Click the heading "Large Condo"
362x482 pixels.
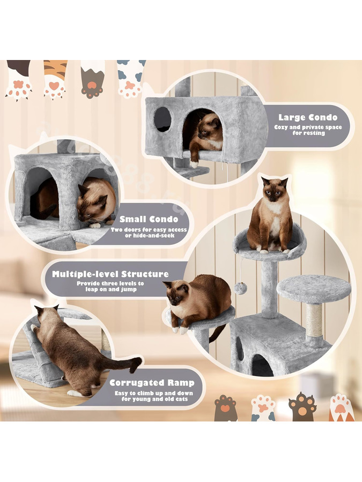tap(308, 117)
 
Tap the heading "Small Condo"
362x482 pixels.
tap(149, 219)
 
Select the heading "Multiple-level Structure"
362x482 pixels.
tap(110, 274)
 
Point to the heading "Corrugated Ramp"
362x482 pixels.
tap(152, 383)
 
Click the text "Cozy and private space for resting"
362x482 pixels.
tap(308, 130)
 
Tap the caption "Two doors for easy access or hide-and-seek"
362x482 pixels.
tap(149, 232)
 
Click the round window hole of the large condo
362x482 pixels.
tap(162, 119)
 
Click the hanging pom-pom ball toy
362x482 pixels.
tap(240, 288)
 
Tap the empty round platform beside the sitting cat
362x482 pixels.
tap(313, 289)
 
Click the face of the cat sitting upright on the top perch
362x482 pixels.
tap(274, 191)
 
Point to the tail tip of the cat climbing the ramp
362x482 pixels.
tap(136, 365)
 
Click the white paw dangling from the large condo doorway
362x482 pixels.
tap(194, 164)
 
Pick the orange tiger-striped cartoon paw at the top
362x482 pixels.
tap(55, 79)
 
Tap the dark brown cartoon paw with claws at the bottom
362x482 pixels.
tap(302, 406)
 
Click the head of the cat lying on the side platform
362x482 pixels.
tap(177, 293)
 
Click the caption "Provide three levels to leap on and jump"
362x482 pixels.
tap(110, 286)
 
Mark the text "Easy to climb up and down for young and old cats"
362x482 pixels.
tap(154, 396)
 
